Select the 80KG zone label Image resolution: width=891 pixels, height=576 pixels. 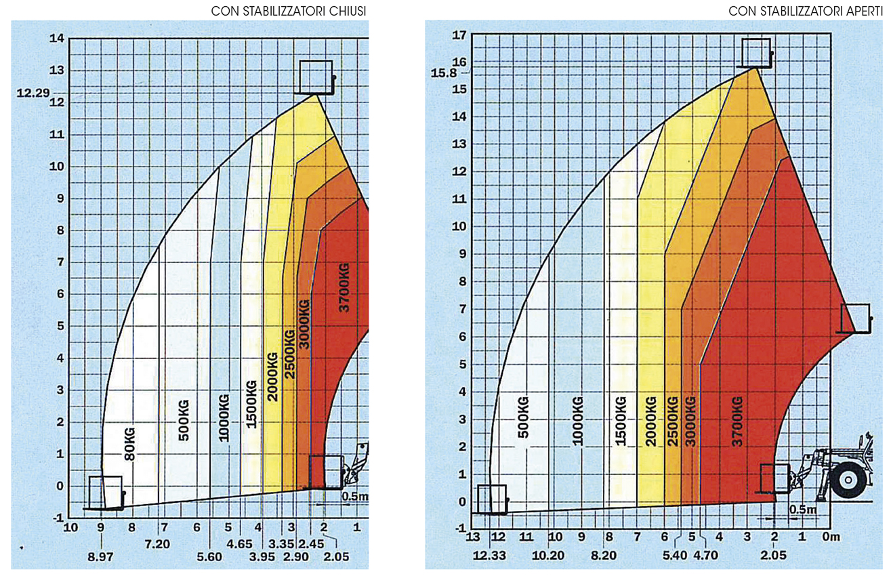click(x=129, y=444)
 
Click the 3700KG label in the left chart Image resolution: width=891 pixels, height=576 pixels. click(x=344, y=289)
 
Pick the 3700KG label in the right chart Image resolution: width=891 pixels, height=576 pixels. click(x=738, y=419)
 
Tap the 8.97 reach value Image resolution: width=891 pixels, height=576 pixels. click(x=101, y=558)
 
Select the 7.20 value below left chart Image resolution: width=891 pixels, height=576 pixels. click(x=158, y=543)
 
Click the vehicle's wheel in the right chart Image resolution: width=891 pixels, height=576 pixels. click(x=848, y=480)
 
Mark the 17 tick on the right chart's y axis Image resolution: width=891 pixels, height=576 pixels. click(x=459, y=35)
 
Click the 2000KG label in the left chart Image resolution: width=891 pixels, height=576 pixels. click(x=272, y=376)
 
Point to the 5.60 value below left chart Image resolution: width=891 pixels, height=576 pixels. click(x=209, y=558)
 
